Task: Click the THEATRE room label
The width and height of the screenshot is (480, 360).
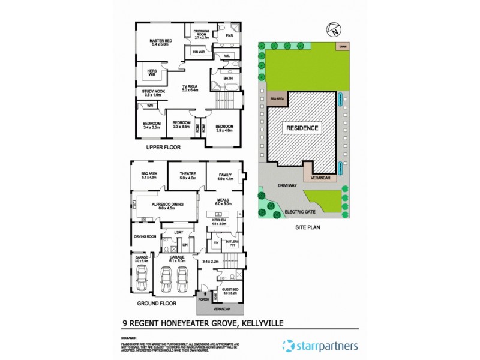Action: click(x=188, y=175)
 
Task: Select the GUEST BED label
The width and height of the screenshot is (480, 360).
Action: click(x=231, y=292)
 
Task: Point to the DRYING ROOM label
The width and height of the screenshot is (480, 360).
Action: click(x=145, y=236)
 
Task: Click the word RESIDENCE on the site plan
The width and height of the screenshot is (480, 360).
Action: click(x=302, y=128)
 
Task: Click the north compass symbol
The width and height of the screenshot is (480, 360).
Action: click(x=334, y=28)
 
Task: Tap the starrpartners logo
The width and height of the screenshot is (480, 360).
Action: click(x=320, y=345)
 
